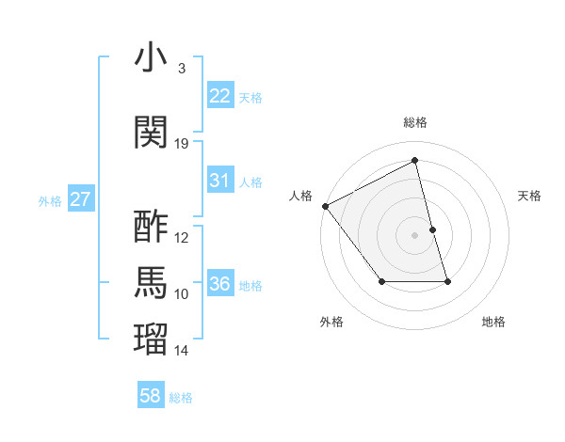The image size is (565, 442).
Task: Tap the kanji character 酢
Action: pos(152,228)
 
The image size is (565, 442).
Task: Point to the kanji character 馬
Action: pos(152,283)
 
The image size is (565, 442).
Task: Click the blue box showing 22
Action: pos(219,96)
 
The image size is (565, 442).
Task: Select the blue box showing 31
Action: pos(219,181)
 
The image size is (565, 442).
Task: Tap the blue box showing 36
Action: pos(219,284)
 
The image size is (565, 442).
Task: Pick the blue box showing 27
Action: pos(80,199)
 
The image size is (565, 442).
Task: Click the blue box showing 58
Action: pos(151,397)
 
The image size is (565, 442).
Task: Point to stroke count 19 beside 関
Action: pos(182,144)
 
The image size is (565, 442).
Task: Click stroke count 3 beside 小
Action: pos(182,69)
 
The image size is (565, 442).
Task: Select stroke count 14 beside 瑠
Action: pos(182,351)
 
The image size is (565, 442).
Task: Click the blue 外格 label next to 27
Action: pos(49,200)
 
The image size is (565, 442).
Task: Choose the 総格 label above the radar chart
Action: pos(414,122)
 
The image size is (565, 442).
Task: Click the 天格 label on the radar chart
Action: pos(529,196)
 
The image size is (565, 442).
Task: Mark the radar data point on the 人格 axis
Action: pos(325,206)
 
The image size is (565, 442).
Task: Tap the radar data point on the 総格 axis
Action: pos(414,161)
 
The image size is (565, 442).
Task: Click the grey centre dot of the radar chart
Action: pos(414,234)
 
